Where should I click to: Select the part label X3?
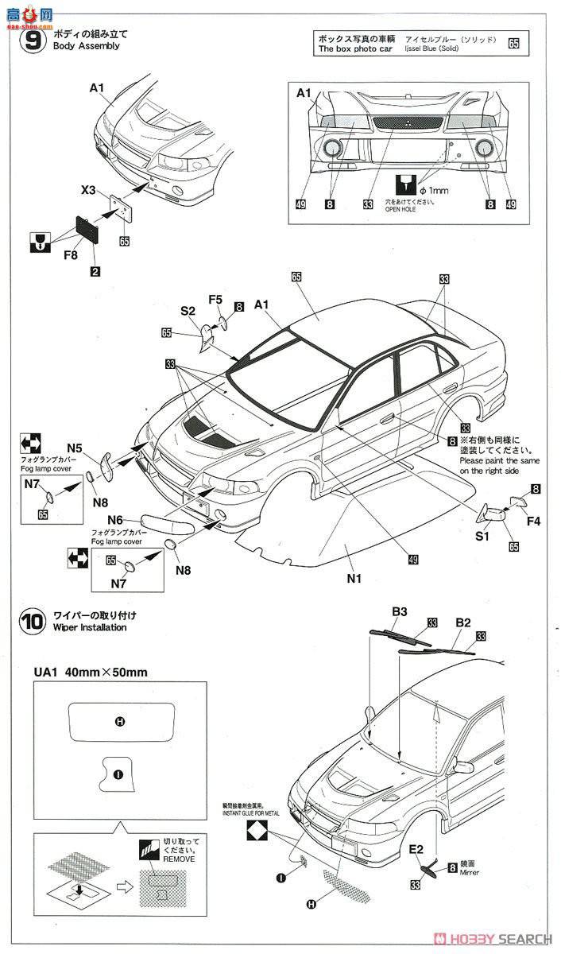[89, 190]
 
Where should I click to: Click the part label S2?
[188, 312]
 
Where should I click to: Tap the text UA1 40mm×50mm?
[90, 672]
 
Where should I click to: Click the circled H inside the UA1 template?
[119, 722]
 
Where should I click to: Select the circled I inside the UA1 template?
[118, 773]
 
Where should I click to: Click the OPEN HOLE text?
[407, 210]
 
